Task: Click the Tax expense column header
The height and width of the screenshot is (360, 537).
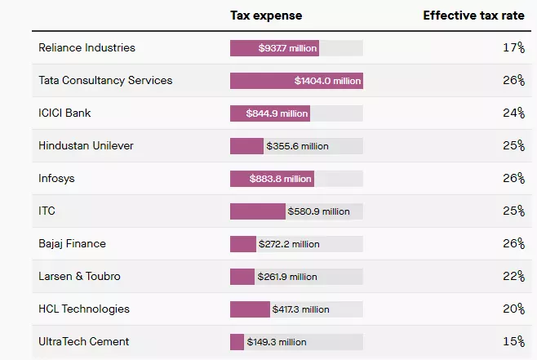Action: (265, 16)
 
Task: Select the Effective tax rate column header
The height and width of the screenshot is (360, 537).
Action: (473, 16)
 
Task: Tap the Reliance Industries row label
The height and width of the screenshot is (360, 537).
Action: (87, 48)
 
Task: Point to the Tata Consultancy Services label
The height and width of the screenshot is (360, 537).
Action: (105, 81)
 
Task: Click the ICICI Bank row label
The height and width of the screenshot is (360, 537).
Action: (64, 113)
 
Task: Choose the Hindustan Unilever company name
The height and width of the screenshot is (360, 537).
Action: (86, 146)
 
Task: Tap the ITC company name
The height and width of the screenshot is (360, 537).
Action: (47, 211)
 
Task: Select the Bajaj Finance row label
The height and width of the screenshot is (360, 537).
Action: (72, 244)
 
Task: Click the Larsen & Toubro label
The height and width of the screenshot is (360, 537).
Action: (79, 277)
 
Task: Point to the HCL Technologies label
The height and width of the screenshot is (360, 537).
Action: (84, 309)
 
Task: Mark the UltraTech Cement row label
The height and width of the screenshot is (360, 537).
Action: (83, 342)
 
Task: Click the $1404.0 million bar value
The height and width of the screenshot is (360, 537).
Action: (327, 81)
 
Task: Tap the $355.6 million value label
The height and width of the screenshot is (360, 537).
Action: (297, 146)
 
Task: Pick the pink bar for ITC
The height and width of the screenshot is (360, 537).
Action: (257, 211)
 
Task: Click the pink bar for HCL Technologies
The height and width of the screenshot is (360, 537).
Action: (250, 309)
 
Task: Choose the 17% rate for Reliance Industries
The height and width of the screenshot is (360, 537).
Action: (513, 48)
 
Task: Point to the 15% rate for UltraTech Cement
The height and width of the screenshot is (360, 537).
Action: (513, 342)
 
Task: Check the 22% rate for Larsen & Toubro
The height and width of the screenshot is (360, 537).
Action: (513, 277)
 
